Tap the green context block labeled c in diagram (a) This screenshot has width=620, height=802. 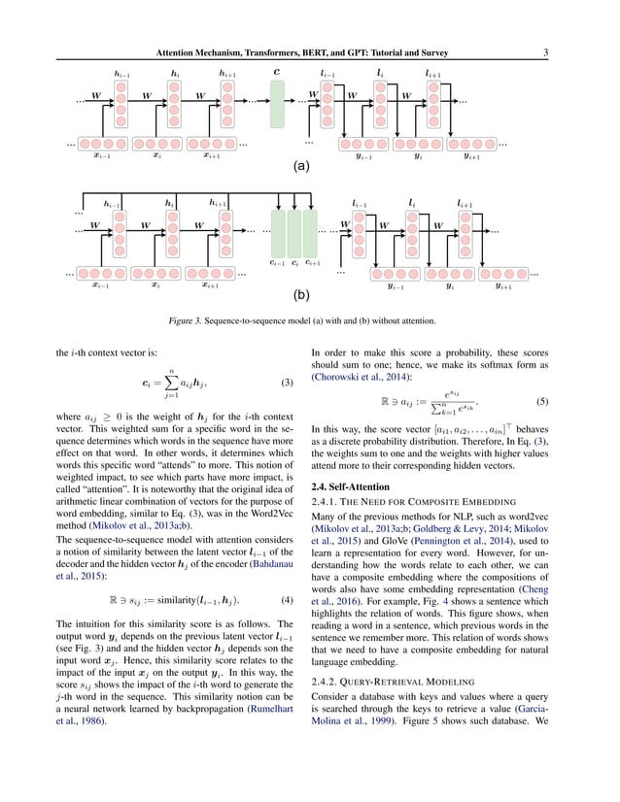278,104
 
